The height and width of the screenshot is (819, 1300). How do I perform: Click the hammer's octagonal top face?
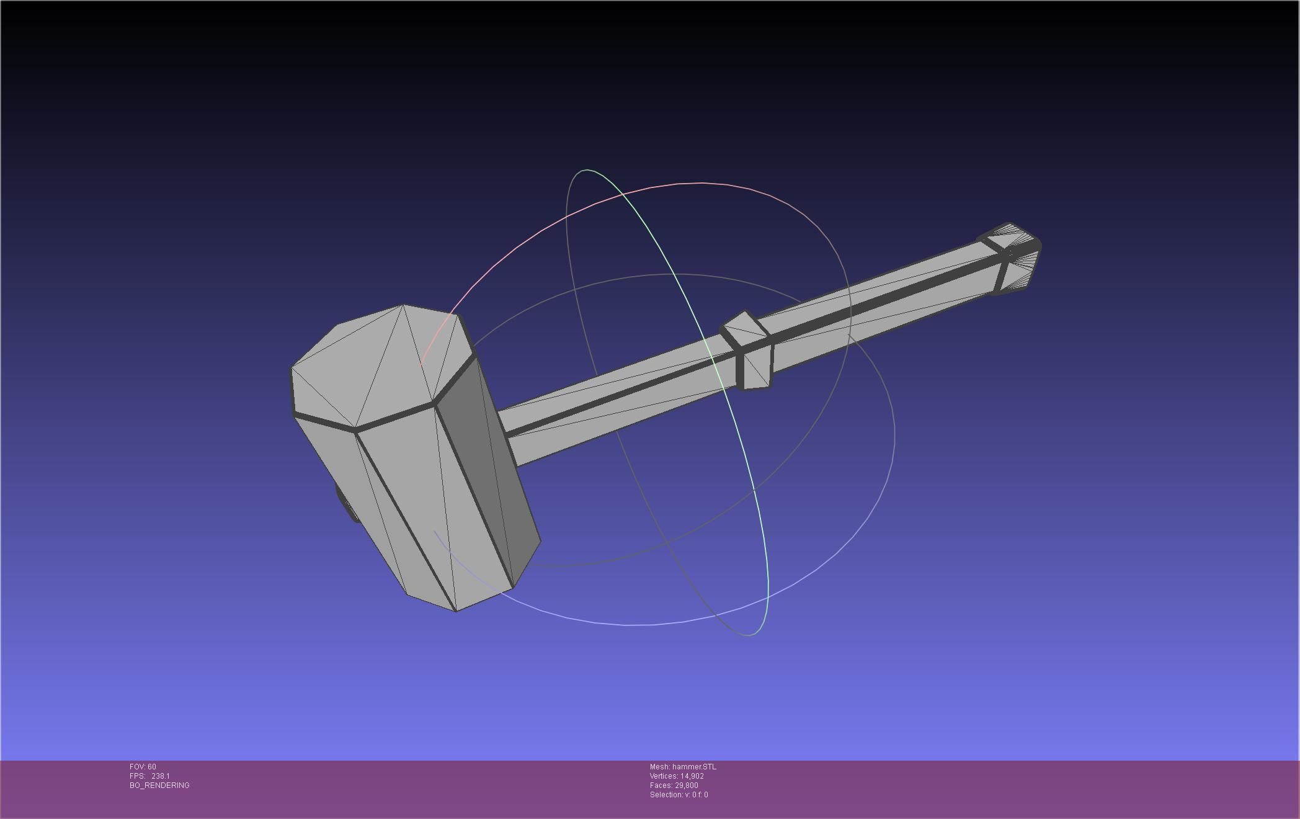pyautogui.click(x=378, y=366)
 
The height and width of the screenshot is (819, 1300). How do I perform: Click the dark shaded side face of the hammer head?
pyautogui.click(x=490, y=472)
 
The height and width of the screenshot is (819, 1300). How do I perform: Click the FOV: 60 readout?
pyautogui.click(x=143, y=767)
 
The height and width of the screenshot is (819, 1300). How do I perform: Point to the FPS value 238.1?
pyautogui.click(x=160, y=776)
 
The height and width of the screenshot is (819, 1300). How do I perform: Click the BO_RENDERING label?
pyautogui.click(x=159, y=785)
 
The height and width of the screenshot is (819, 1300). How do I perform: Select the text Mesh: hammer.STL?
pyautogui.click(x=682, y=767)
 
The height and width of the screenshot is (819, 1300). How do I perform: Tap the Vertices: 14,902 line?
pyautogui.click(x=677, y=776)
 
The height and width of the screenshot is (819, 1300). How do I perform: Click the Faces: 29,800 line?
pyautogui.click(x=674, y=785)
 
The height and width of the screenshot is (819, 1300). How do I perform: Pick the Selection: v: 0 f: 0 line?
pyautogui.click(x=679, y=795)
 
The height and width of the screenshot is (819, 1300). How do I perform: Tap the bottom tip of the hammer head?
pyautogui.click(x=456, y=609)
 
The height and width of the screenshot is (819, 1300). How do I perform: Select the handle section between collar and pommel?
pyautogui.click(x=881, y=310)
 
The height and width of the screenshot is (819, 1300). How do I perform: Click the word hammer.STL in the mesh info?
pyautogui.click(x=694, y=767)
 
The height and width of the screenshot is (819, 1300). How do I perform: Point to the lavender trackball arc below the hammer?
pyautogui.click(x=620, y=624)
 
